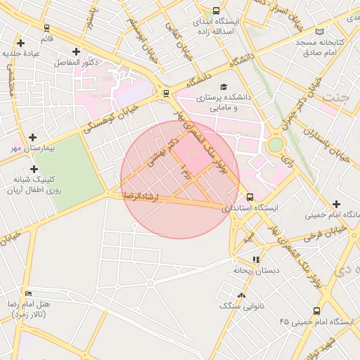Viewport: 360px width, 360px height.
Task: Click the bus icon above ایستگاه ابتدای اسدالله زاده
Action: [215, 11]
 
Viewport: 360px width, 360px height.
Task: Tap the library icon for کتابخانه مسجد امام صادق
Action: [321, 32]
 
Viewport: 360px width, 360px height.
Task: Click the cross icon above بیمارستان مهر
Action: [32, 138]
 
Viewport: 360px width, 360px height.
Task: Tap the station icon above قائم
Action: [46, 29]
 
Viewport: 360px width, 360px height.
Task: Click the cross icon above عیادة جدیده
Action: [20, 44]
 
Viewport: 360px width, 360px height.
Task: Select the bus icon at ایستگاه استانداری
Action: [250, 197]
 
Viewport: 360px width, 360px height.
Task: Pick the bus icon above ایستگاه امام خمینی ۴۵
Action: [316, 310]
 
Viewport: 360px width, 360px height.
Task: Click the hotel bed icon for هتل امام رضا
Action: [28, 293]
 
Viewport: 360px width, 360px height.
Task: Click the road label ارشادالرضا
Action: [143, 194]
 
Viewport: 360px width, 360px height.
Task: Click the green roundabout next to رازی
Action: [276, 144]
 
